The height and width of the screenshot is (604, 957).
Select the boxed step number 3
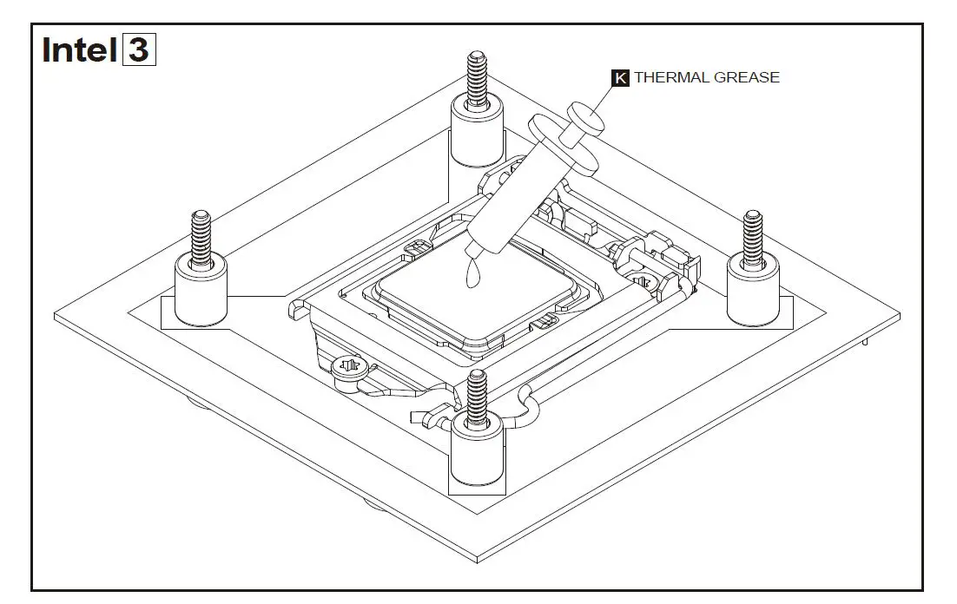tap(139, 49)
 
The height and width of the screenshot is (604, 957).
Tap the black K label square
tap(621, 78)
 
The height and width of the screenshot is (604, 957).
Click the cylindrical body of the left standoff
tap(201, 295)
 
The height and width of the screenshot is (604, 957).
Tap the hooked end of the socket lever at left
tap(296, 305)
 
